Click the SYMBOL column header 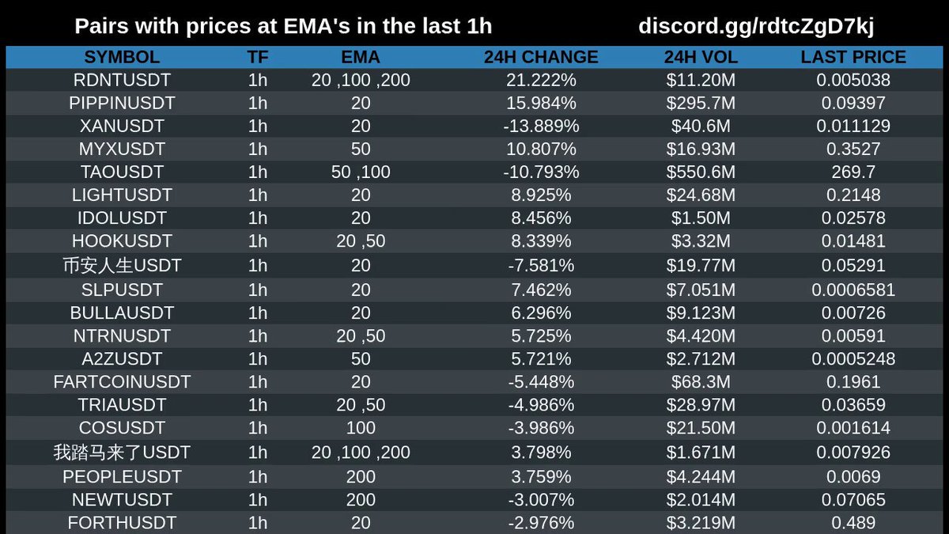point(122,57)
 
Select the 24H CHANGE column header point(541,57)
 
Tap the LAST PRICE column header point(853,57)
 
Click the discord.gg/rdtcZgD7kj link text point(756,26)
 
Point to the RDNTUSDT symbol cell point(122,80)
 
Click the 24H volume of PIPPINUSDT point(701,103)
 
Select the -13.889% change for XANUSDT point(541,126)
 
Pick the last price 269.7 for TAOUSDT point(853,172)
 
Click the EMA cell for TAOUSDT point(361,172)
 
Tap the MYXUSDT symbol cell point(122,150)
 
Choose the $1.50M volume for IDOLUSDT point(701,218)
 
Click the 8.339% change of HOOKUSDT point(541,241)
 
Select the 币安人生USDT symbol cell point(122,266)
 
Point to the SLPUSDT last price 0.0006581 point(853,290)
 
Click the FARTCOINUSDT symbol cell point(122,382)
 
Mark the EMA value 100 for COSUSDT point(361,428)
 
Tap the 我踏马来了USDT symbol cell point(122,453)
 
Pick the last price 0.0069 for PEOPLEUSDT point(853,477)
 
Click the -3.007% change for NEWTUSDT point(541,500)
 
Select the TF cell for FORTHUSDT point(258,523)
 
